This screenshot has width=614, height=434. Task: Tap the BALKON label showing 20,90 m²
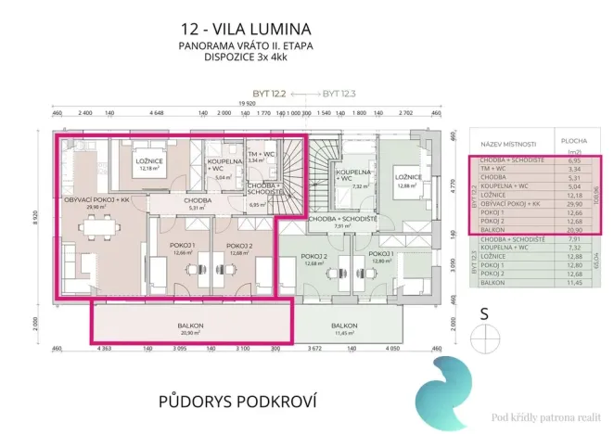click(x=191, y=325)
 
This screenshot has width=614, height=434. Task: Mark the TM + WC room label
click(x=260, y=155)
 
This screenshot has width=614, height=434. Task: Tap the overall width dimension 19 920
click(x=246, y=104)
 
